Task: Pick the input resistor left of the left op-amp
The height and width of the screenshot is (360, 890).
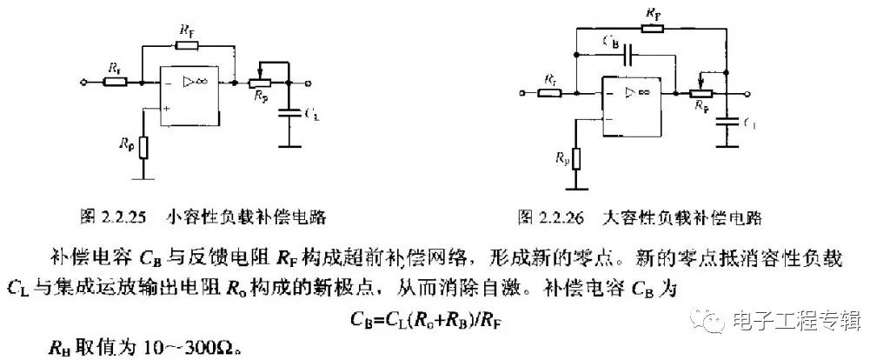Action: [114, 83]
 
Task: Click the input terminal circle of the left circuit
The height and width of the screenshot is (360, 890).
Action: [83, 83]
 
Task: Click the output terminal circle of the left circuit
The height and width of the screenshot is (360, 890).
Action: [309, 83]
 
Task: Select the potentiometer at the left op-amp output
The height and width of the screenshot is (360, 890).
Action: [257, 83]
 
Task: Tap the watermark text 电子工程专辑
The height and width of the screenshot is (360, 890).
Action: [796, 321]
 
